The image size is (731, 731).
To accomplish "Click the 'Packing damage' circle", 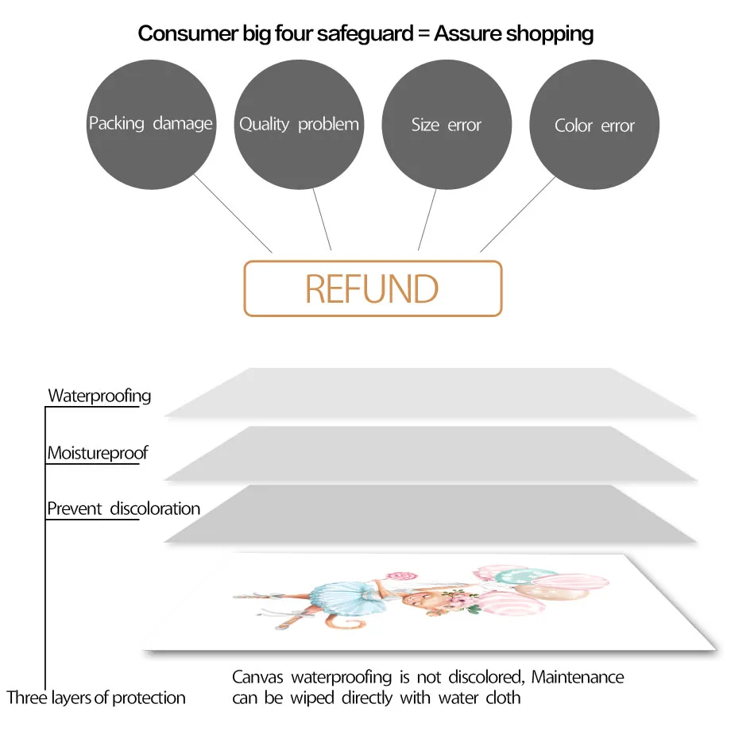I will coord(150,125).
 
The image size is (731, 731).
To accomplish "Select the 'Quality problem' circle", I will coord(299,125).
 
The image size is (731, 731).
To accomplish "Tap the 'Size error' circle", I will coord(447,125).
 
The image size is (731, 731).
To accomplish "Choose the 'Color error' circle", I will coord(594,126).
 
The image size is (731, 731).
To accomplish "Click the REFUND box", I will coord(373,288).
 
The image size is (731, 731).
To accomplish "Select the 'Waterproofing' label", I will coord(99,396).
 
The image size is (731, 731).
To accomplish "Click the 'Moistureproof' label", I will coord(98,454).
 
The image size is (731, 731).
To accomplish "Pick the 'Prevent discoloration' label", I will coord(123,509).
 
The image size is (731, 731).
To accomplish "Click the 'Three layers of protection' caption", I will coord(96,698).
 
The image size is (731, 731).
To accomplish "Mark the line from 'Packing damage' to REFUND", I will coord(234,214).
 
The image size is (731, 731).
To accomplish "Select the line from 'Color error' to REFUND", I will coord(518,214).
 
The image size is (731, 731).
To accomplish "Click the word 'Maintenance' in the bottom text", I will coord(578,678).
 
